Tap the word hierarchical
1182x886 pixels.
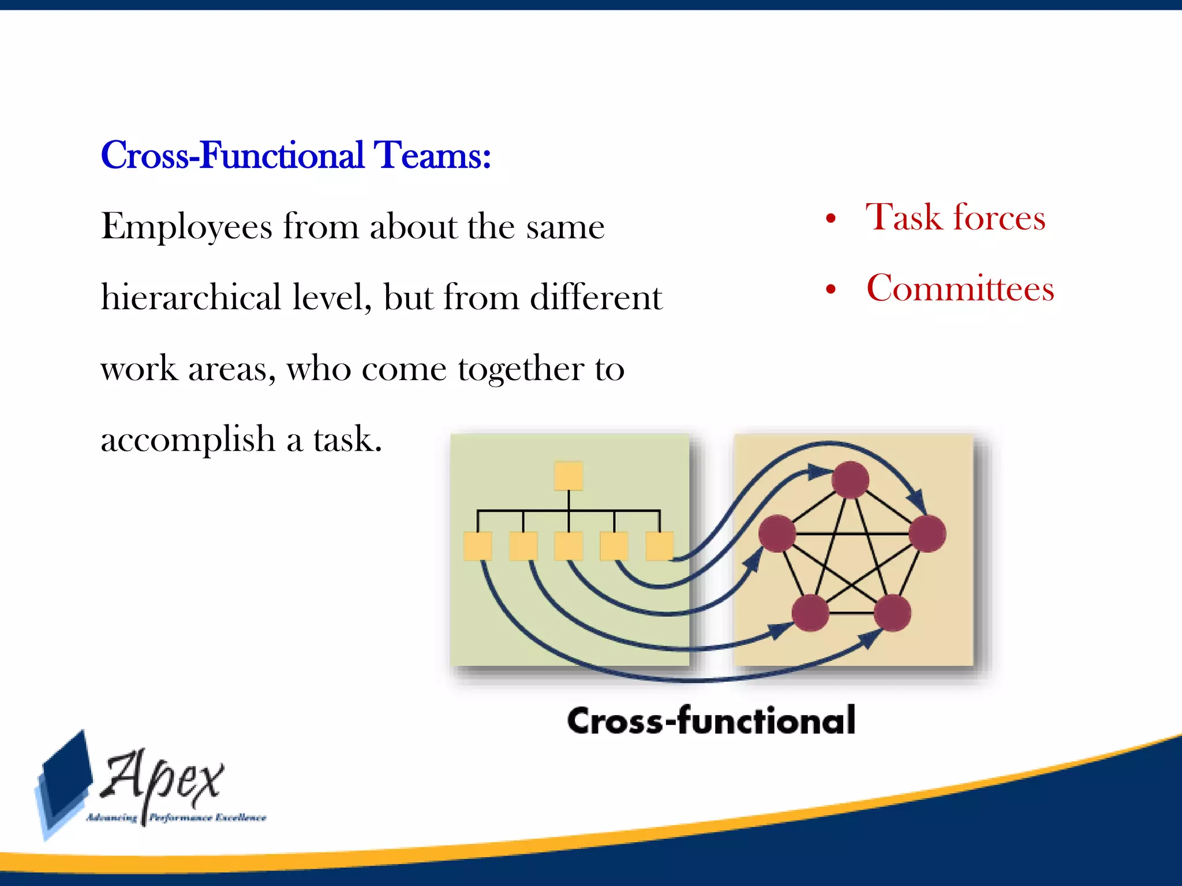[x=190, y=298]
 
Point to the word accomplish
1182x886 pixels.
[x=188, y=440]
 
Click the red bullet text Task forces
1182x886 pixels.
[x=955, y=218]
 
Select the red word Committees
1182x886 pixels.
[x=960, y=288]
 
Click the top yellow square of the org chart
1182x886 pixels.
[x=568, y=476]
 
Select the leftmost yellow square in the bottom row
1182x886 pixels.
[x=478, y=546]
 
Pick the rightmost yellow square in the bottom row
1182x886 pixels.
[x=659, y=546]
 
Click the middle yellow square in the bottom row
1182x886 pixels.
[x=568, y=546]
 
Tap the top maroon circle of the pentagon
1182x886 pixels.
[x=851, y=479]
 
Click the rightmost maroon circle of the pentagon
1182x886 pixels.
[x=927, y=534]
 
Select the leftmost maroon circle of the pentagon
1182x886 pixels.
[x=777, y=534]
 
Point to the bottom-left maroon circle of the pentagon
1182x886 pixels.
[x=810, y=613]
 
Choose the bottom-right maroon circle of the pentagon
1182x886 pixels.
[x=892, y=613]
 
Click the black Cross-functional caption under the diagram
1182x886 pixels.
[x=711, y=720]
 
